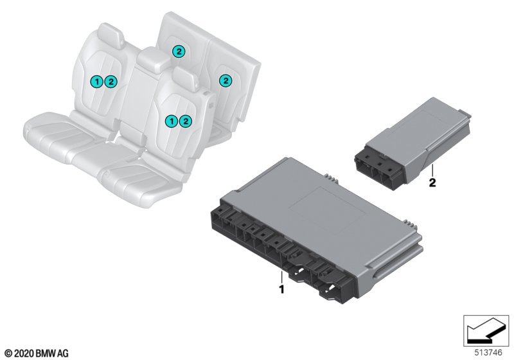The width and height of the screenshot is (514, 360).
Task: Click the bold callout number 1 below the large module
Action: [281, 289]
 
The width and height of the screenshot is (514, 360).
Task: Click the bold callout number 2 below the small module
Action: [432, 183]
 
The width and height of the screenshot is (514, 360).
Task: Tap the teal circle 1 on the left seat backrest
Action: [97, 82]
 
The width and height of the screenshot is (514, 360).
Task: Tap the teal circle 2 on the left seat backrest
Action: [111, 82]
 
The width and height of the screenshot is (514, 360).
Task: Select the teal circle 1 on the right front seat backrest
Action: [171, 122]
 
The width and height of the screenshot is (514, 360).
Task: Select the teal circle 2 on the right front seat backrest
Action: [186, 122]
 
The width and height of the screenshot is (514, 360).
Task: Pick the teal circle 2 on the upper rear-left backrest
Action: [179, 51]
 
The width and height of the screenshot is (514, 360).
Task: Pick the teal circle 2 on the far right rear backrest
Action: [226, 80]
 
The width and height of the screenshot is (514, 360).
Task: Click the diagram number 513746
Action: [488, 353]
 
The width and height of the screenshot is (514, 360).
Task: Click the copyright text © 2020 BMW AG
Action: [37, 354]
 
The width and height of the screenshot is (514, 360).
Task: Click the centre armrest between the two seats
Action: [153, 60]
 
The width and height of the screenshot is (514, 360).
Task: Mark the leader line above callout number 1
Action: [281, 277]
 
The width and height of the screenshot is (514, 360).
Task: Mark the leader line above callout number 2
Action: [432, 171]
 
